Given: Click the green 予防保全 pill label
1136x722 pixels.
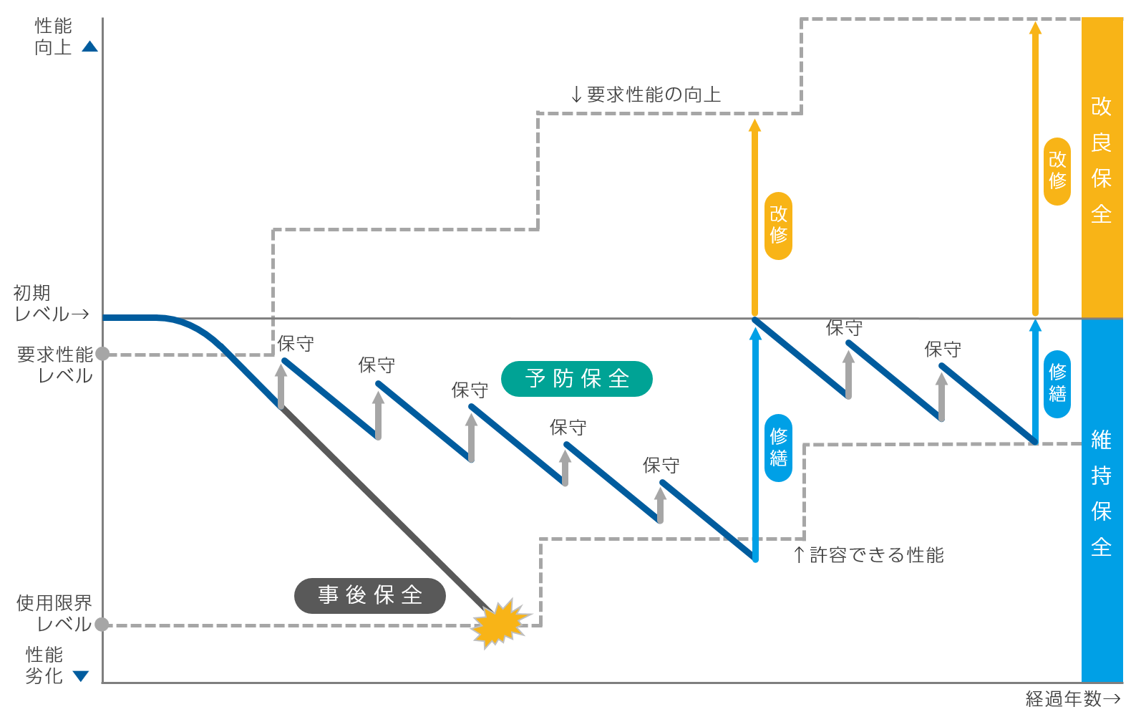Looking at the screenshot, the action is [x=577, y=379].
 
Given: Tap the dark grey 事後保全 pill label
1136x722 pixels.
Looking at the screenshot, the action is [x=369, y=596].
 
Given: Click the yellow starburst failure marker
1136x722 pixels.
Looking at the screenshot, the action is [x=500, y=624].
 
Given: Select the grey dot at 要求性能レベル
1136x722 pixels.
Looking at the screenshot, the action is [x=102, y=354].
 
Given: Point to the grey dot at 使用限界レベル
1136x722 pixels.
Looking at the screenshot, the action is [x=102, y=625].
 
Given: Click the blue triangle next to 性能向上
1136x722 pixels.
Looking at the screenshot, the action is [x=89, y=47].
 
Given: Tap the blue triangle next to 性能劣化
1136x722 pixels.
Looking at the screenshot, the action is [x=81, y=676].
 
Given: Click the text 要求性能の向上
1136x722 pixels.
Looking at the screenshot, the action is [x=654, y=95].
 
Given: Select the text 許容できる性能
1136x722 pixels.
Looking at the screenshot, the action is [x=877, y=555].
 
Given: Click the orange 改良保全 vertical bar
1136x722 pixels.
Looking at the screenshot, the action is [x=1102, y=168].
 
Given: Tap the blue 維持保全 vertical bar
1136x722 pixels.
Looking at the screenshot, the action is [x=1102, y=500].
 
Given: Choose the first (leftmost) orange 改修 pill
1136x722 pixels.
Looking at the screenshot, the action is [x=779, y=226].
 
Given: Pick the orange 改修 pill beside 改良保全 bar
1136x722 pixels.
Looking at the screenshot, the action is [x=1057, y=171].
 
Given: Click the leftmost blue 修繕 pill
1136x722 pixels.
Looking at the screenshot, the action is [x=779, y=448].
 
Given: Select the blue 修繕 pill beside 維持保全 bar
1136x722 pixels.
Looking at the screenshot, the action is [x=1057, y=384].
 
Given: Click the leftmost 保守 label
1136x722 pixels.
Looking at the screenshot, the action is [x=296, y=344].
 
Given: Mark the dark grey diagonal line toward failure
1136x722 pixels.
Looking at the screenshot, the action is [x=385, y=509].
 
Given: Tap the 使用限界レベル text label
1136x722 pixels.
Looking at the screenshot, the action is [x=54, y=613].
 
